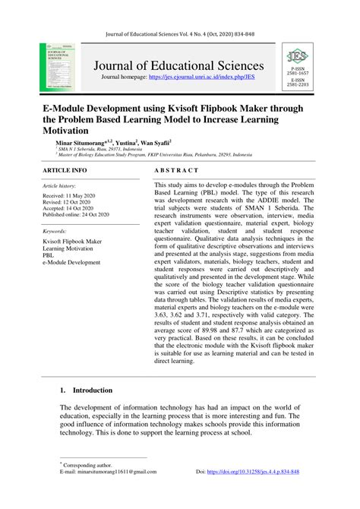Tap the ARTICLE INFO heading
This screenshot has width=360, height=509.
point(65,172)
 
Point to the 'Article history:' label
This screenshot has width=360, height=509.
point(59,185)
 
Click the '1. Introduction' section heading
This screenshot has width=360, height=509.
point(86,390)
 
